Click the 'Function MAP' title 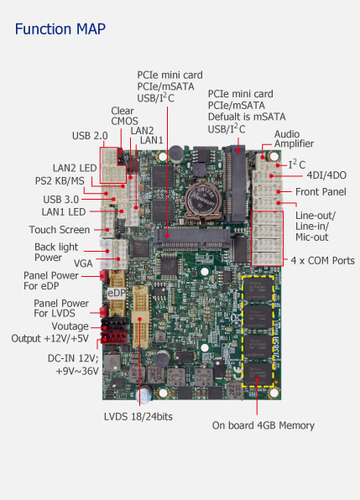[60, 29]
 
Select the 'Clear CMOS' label [124, 116]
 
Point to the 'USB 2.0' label [90, 136]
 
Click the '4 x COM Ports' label [322, 261]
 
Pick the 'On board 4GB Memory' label [263, 425]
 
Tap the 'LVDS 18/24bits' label [138, 416]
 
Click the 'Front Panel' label [321, 191]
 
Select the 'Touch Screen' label [60, 230]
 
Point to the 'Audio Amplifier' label [294, 138]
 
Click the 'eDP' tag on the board [117, 293]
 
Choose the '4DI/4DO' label [326, 175]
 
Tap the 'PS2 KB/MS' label [60, 181]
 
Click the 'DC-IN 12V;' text [73, 358]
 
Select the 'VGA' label [83, 263]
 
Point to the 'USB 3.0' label [61, 200]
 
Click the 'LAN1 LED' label [64, 212]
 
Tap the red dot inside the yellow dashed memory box [257, 379]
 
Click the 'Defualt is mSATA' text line [247, 117]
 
